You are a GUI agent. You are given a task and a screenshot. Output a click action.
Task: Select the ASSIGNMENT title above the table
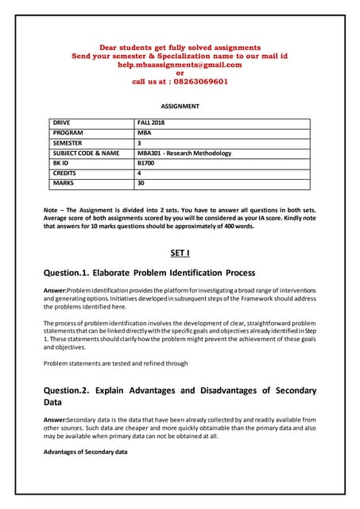[180, 106]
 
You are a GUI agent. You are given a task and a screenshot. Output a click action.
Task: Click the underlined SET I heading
[180, 253]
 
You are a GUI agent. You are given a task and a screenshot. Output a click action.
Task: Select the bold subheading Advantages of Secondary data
[86, 451]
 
